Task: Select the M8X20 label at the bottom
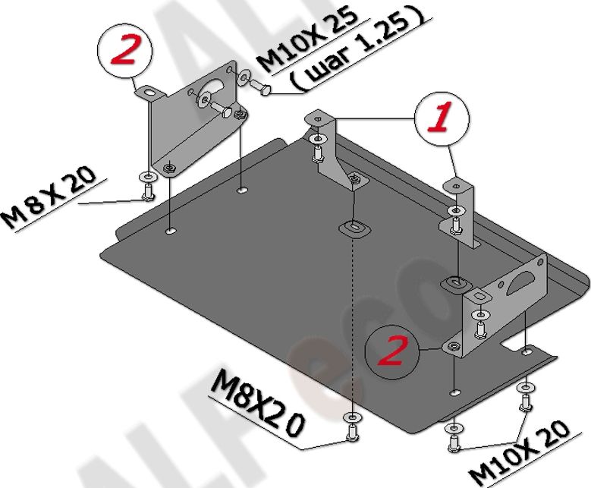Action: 260,401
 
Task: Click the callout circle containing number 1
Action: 442,121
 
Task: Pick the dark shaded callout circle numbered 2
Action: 393,351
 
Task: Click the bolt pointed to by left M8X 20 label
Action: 147,190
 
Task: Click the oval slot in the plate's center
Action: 353,227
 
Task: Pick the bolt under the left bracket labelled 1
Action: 316,153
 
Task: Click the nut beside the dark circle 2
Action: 453,347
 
